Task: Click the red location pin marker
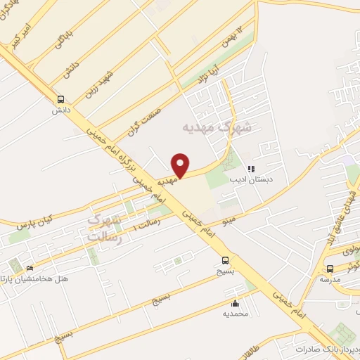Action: [x=181, y=165]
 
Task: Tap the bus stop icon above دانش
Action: [x=61, y=99]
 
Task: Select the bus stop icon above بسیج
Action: [x=224, y=259]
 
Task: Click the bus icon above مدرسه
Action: [x=330, y=269]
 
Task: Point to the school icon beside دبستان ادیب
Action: [x=251, y=169]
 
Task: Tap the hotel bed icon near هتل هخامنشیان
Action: [x=30, y=269]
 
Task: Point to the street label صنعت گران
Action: [x=145, y=121]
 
